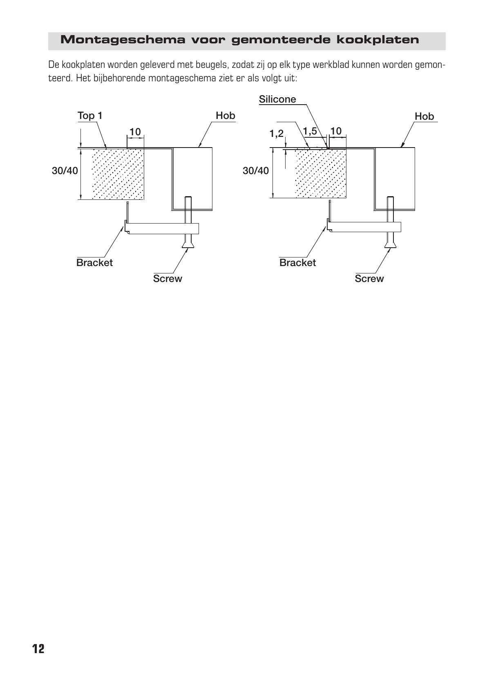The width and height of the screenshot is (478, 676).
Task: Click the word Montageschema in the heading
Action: click(x=123, y=40)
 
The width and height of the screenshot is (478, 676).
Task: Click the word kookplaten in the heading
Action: click(x=377, y=40)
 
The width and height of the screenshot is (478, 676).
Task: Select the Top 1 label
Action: click(x=90, y=116)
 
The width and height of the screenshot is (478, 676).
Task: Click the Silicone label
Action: click(x=277, y=99)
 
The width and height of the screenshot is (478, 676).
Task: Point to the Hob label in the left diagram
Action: click(x=225, y=116)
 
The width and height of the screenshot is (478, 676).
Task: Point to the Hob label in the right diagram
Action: click(x=424, y=116)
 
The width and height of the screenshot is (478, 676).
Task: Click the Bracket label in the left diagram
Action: click(x=94, y=262)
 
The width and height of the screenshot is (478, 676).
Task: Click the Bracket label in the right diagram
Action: click(x=298, y=262)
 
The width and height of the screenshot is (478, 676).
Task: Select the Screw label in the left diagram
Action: click(x=168, y=278)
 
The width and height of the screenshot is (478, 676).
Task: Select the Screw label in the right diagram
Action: click(x=369, y=278)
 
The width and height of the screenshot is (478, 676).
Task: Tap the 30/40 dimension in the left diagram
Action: click(x=65, y=171)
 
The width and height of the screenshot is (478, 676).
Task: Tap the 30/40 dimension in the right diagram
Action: click(x=256, y=171)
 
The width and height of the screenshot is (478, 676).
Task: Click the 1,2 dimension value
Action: click(x=277, y=133)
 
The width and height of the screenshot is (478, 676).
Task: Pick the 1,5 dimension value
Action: click(x=310, y=131)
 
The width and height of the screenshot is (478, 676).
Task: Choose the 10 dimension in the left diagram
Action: click(x=135, y=132)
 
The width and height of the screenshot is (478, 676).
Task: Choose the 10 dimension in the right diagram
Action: click(x=336, y=131)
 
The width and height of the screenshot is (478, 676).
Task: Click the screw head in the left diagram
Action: click(x=188, y=244)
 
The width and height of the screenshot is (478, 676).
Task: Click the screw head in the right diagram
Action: click(x=390, y=244)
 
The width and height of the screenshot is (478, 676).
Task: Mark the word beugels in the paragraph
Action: click(x=211, y=65)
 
